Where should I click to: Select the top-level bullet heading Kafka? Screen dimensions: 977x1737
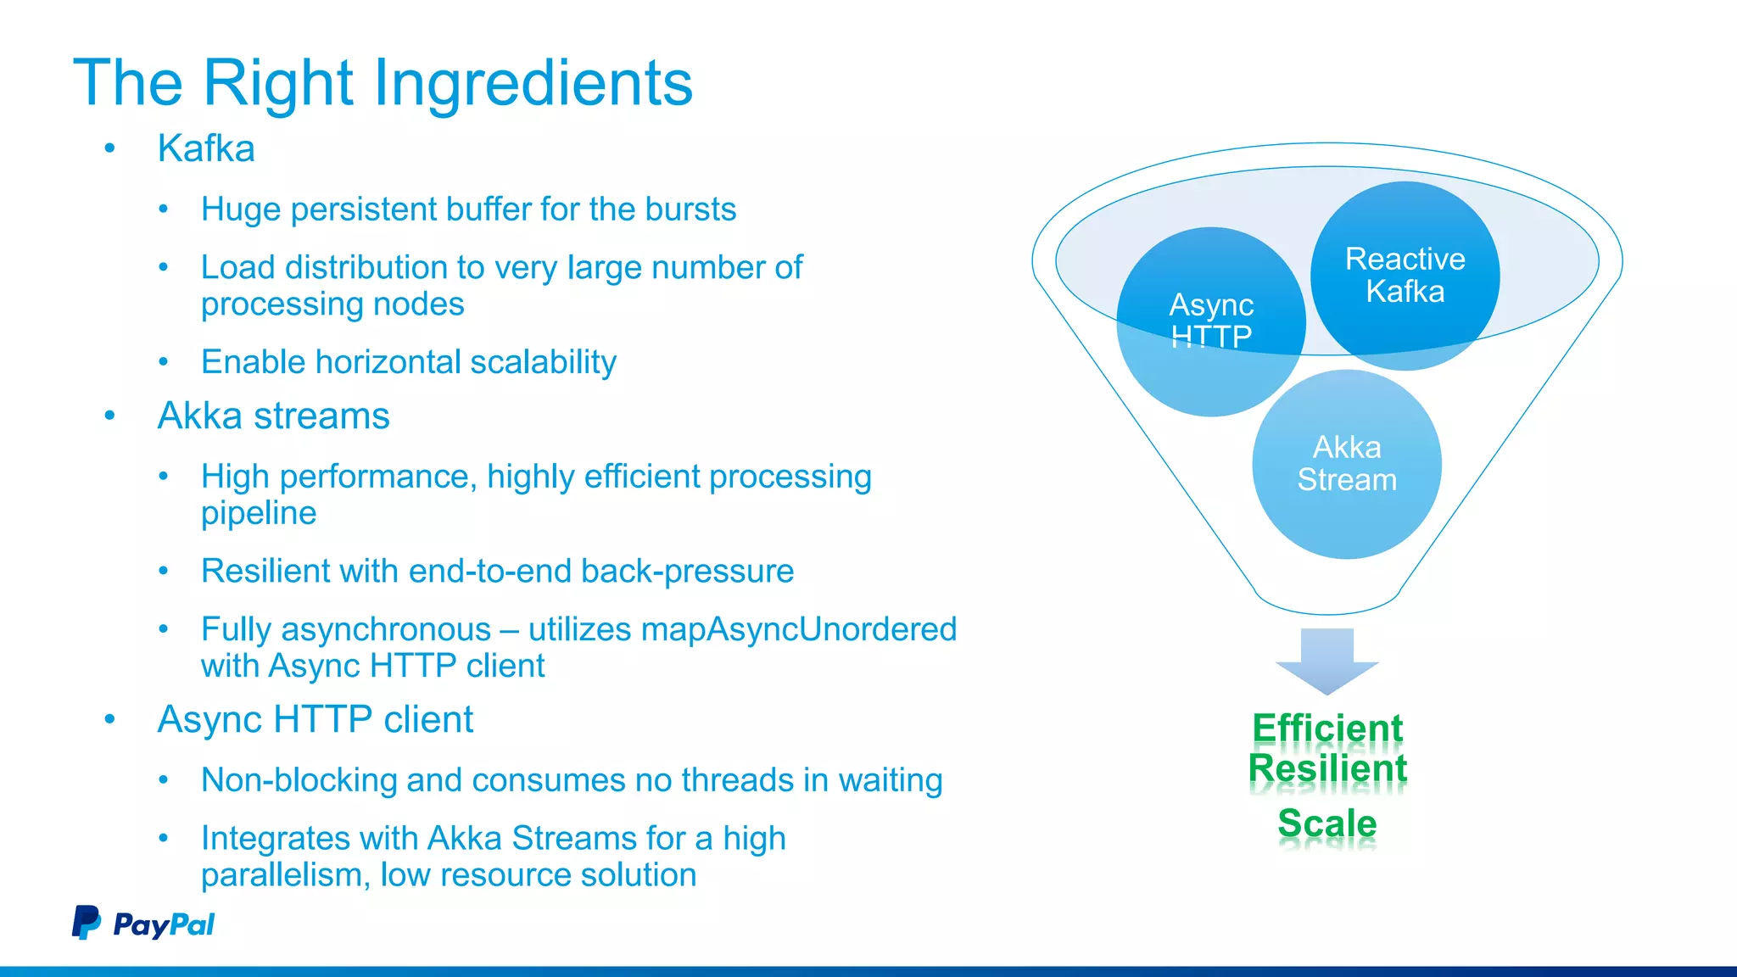206,148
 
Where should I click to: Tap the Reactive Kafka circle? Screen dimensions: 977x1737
1405,275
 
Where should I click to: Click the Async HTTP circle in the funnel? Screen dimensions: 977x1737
1210,321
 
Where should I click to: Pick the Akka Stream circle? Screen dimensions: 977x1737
1346,464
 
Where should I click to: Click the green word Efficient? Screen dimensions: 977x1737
1326,729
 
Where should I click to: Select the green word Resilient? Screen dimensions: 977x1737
1326,769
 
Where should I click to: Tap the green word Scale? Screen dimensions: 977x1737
1326,823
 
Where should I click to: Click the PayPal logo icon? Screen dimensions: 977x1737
86,922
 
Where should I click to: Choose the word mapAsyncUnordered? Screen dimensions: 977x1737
798,630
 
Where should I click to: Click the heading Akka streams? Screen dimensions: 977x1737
273,416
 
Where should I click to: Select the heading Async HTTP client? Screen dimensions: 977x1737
315,720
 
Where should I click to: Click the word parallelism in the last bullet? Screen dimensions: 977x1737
285,875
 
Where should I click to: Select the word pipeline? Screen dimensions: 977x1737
259,514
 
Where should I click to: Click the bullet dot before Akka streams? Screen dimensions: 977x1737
109,416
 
